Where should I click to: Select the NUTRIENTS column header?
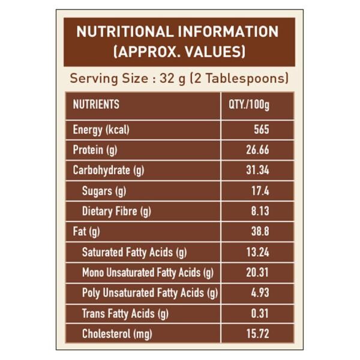96,104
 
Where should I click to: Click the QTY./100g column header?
250,104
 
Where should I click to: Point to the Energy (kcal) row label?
101,130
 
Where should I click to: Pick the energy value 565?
262,130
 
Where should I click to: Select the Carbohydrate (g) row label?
109,170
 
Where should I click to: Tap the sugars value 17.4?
260,191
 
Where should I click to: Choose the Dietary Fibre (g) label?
116,211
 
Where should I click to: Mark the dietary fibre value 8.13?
260,211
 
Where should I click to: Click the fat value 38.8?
260,232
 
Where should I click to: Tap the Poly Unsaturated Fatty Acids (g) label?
149,293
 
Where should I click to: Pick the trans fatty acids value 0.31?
260,314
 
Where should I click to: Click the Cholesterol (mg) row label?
116,334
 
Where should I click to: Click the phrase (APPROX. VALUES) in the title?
179,52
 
